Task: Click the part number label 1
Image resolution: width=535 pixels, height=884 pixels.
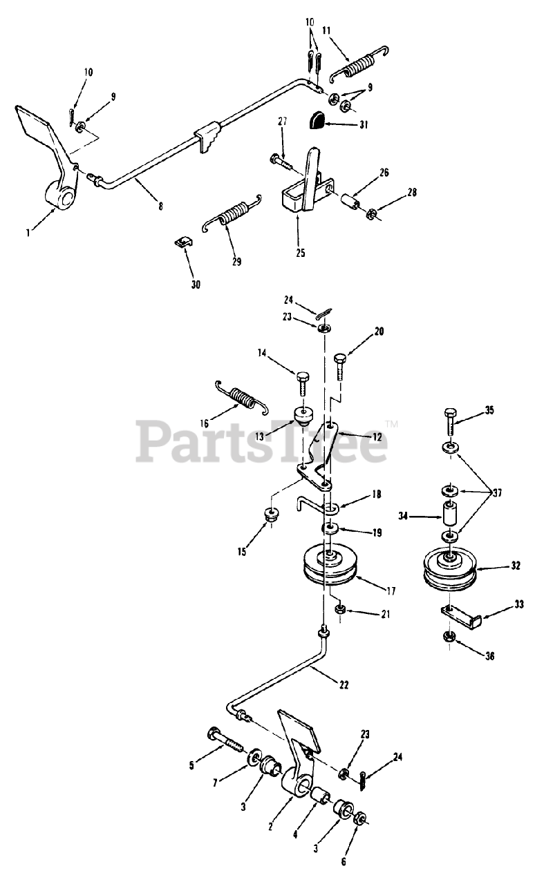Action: tap(28, 233)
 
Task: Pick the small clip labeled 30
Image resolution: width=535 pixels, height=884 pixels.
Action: tap(182, 243)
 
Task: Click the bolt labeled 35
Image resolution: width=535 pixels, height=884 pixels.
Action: tap(447, 423)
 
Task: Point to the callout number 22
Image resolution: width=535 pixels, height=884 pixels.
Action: tap(344, 685)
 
